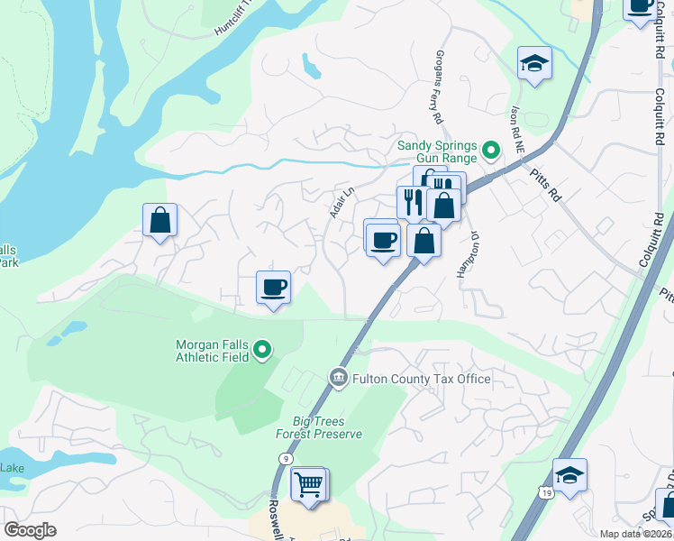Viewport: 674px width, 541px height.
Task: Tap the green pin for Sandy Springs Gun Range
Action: tap(491, 150)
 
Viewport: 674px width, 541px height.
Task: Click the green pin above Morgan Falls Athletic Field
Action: tap(262, 349)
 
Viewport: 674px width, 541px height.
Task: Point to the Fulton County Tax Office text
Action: tap(422, 379)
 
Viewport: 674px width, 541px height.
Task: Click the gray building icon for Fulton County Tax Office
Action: tap(339, 376)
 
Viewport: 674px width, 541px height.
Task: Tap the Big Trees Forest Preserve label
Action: tap(327, 427)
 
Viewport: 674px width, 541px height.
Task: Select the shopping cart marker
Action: tap(309, 485)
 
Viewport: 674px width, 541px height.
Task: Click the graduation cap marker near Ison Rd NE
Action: tap(534, 64)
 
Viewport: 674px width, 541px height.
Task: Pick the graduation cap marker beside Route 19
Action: tap(569, 474)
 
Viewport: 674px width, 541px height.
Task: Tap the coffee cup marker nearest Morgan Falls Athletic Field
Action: tap(273, 288)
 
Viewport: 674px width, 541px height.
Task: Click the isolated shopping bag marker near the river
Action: tap(159, 220)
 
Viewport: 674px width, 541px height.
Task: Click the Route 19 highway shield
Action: tap(546, 492)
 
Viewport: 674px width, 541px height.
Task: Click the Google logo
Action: tap(30, 530)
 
